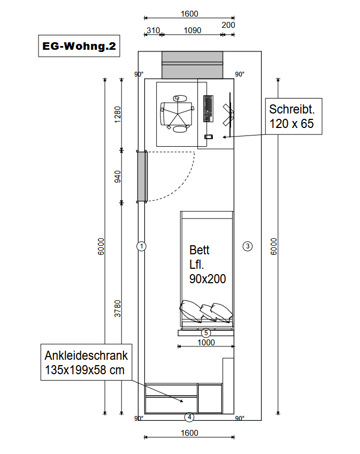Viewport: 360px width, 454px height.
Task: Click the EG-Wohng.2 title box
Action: (x=79, y=46)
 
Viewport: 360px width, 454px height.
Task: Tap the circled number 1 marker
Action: (x=142, y=246)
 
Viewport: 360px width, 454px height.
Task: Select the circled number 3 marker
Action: (x=248, y=246)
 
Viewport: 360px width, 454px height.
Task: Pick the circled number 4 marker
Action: (x=189, y=417)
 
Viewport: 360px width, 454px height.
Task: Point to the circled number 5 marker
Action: (x=206, y=333)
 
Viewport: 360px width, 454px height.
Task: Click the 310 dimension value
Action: (x=153, y=31)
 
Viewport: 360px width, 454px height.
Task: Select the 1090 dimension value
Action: (x=193, y=31)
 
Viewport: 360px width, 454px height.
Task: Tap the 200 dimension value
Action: (x=228, y=25)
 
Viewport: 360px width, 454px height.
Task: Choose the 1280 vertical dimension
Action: (x=118, y=115)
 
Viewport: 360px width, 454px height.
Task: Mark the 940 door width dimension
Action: (x=118, y=177)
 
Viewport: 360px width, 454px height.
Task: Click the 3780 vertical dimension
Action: (x=118, y=309)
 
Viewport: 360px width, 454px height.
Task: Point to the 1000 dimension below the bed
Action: (x=206, y=343)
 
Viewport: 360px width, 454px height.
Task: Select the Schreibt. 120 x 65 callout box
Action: (x=294, y=116)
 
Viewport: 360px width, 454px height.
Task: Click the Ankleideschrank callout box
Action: (x=86, y=362)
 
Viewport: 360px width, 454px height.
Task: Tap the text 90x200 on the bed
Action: (x=208, y=279)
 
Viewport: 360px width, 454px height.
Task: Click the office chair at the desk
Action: (x=177, y=113)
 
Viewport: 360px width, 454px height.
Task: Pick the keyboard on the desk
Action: (x=208, y=109)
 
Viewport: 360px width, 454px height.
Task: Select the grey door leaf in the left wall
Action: (x=142, y=177)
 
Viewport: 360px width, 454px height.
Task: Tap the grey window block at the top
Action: (x=193, y=65)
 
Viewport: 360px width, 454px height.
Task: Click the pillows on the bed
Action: (x=206, y=311)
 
